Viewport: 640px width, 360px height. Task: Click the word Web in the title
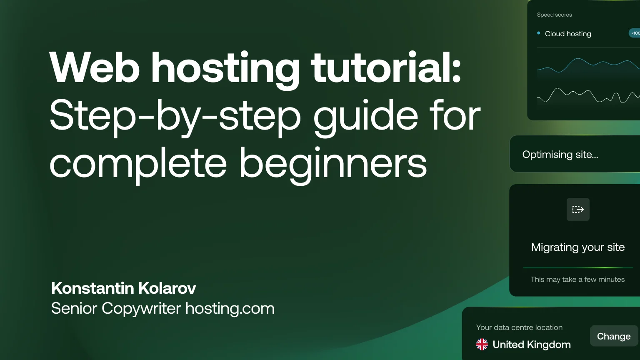click(94, 68)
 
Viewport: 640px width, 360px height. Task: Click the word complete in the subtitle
click(138, 163)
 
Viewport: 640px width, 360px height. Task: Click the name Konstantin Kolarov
click(123, 288)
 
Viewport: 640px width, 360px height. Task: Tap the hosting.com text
click(230, 308)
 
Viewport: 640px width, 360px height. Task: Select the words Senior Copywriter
click(116, 308)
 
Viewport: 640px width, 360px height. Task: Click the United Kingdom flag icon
click(482, 344)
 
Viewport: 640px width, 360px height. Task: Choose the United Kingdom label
click(532, 345)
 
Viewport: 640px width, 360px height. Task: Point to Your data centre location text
click(519, 327)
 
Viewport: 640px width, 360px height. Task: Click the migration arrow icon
click(578, 209)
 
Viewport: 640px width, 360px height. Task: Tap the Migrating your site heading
click(578, 247)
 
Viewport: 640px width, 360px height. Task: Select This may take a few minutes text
click(577, 280)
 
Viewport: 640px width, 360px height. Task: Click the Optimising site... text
click(560, 155)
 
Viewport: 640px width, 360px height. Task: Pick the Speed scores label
click(554, 15)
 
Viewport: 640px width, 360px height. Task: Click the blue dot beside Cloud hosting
click(539, 33)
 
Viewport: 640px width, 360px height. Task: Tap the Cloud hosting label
click(568, 34)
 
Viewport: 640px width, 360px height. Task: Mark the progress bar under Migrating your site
click(578, 267)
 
